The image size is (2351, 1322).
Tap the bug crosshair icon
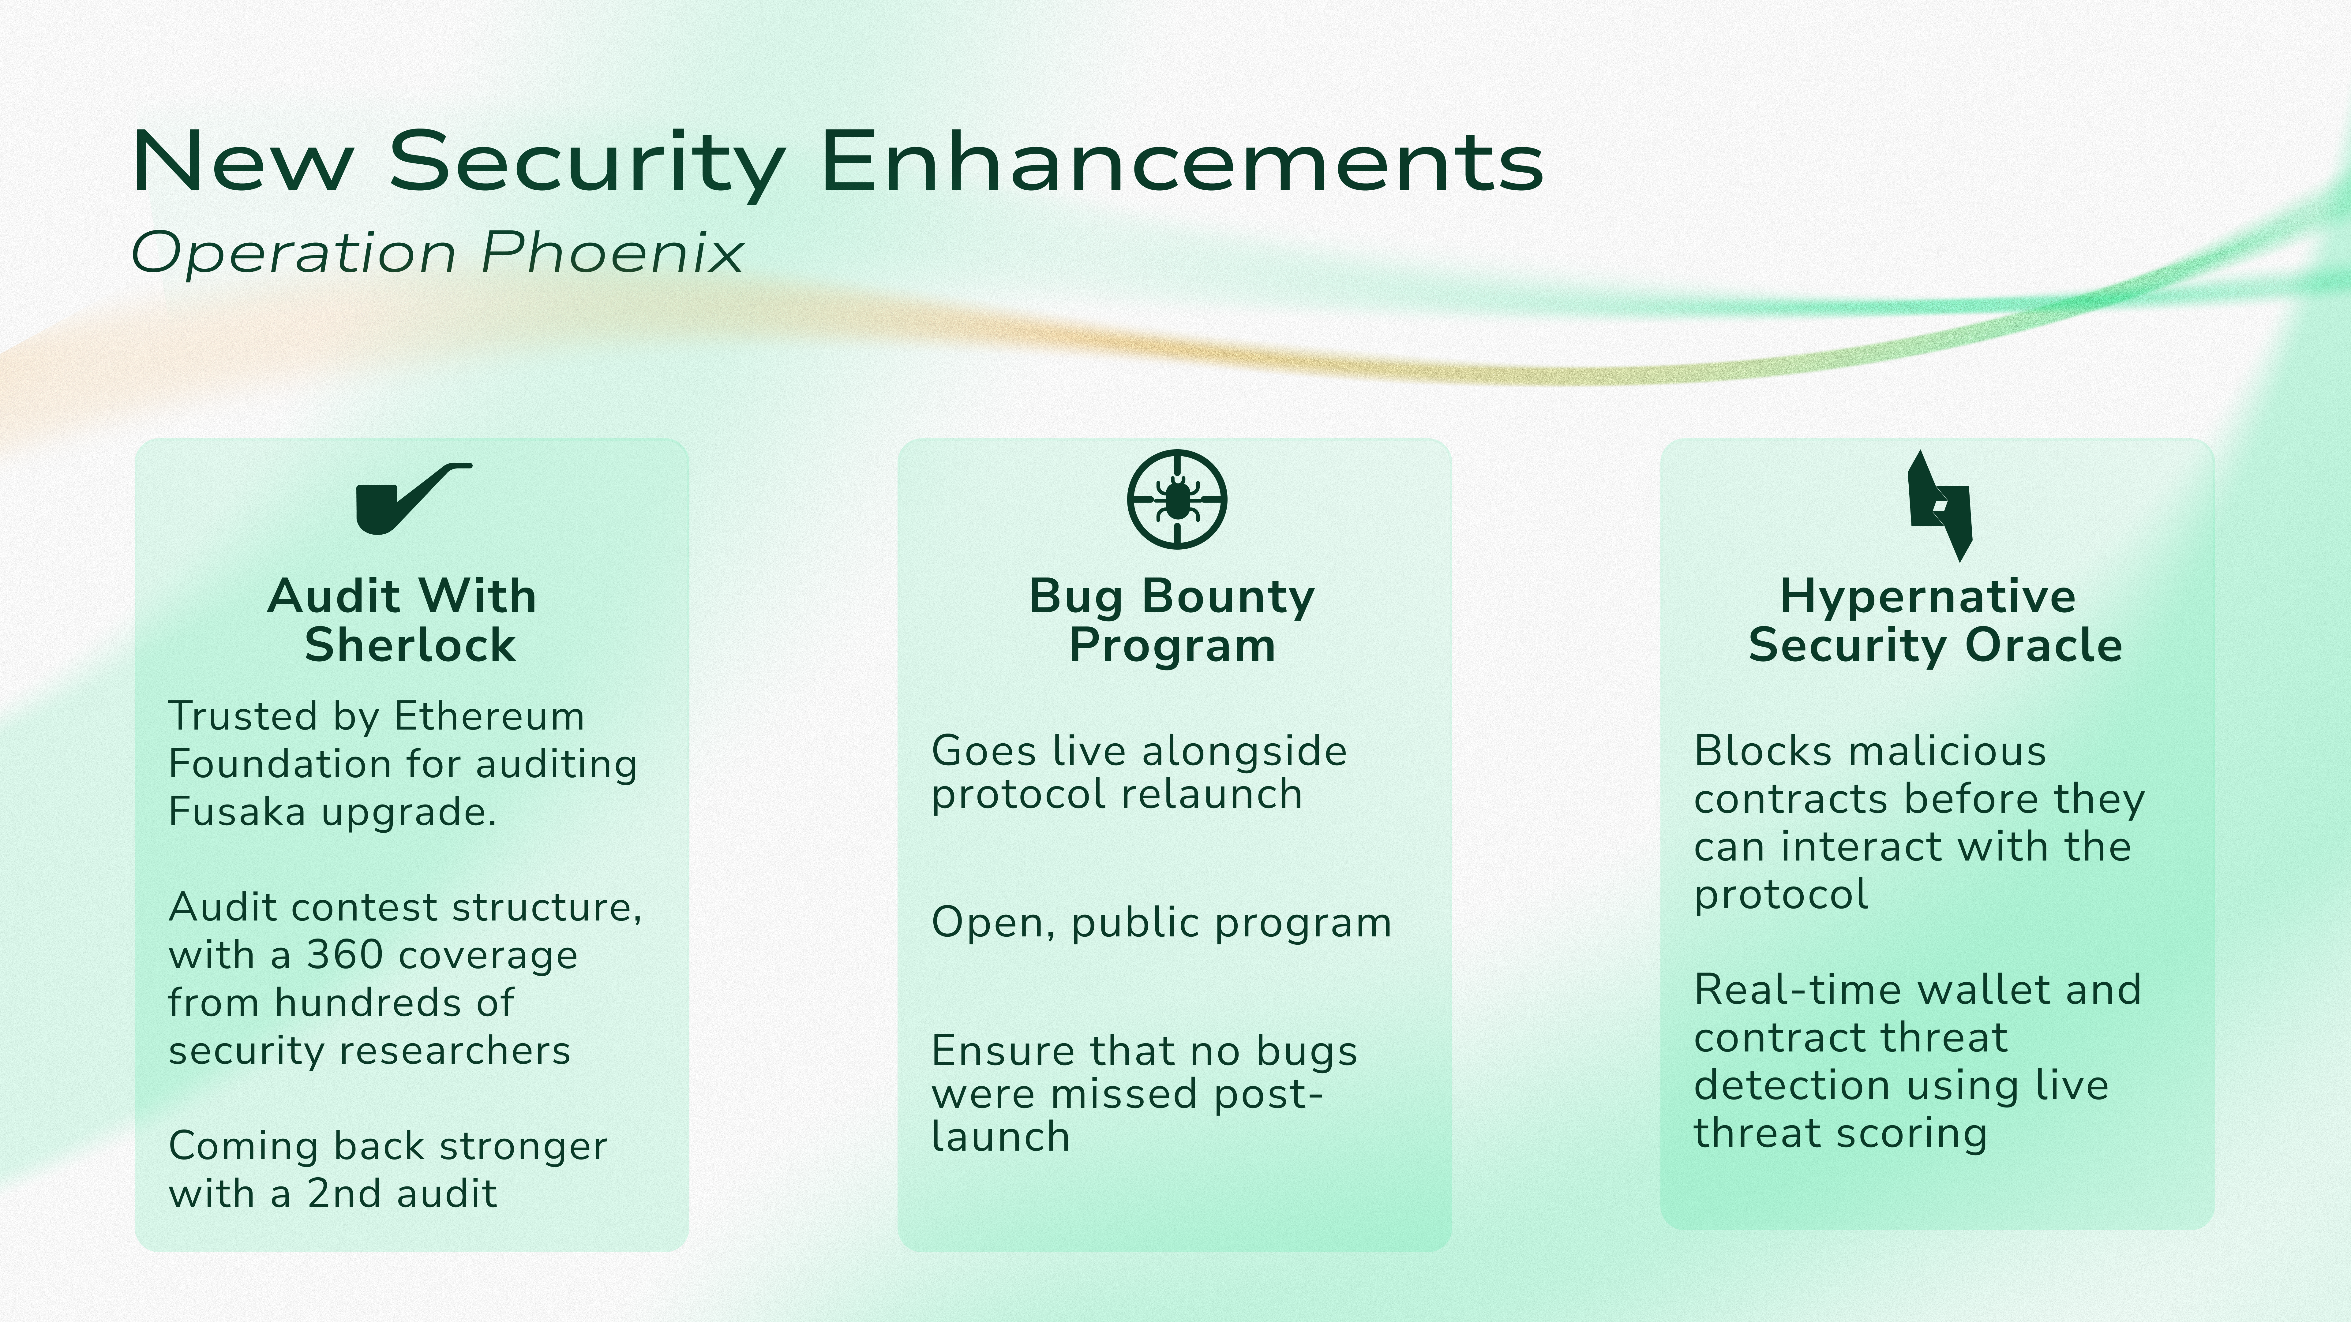(1176, 499)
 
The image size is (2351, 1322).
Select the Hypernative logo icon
(1940, 506)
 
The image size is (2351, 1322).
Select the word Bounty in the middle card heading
(1228, 598)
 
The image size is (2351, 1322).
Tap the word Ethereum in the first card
(489, 716)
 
